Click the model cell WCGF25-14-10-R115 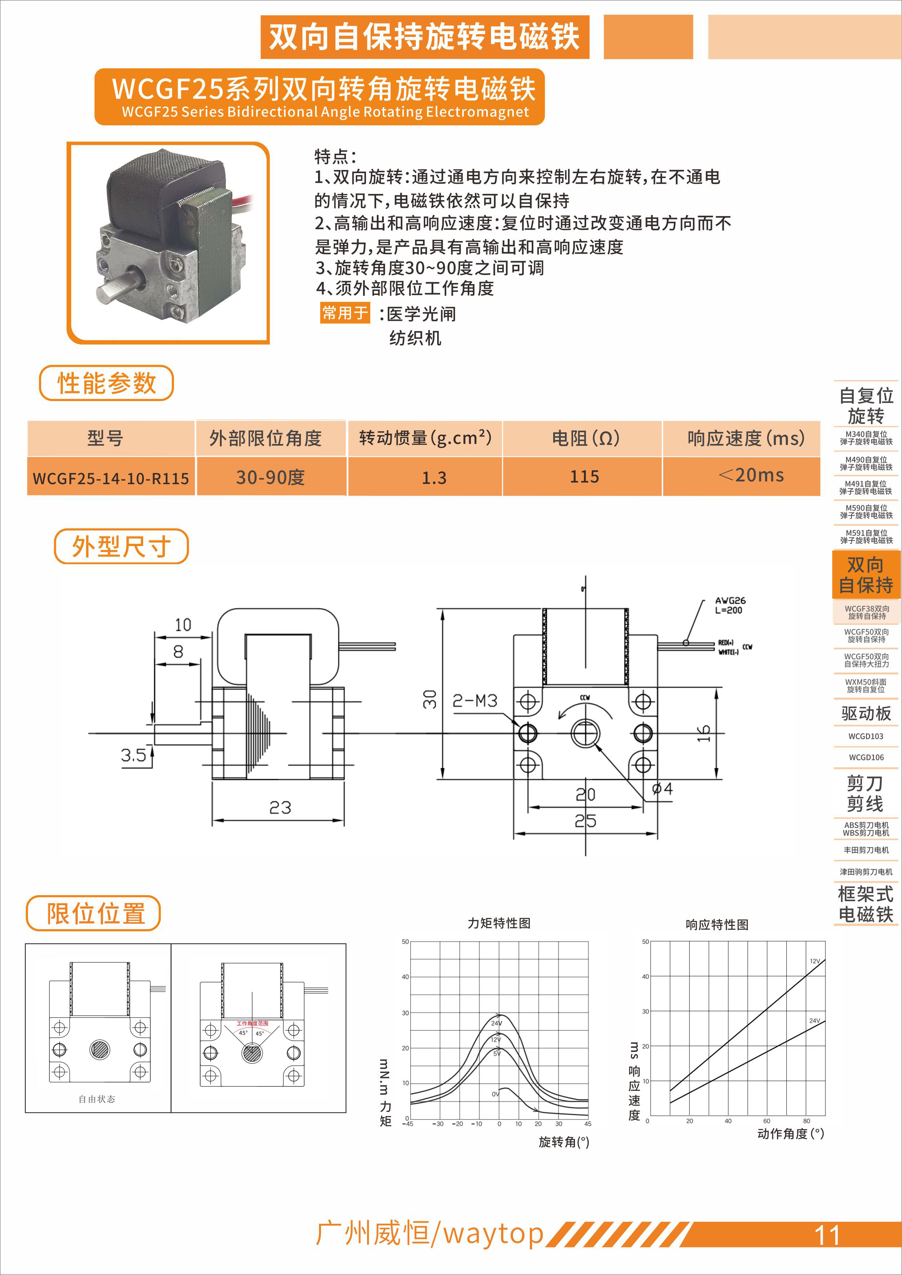pos(111,478)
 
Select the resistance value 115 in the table pos(584,477)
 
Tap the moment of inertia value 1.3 pos(434,478)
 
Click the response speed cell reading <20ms pos(751,475)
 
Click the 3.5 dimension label pos(133,755)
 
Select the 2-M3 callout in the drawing pos(475,701)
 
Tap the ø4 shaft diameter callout pos(662,789)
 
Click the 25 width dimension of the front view pos(585,821)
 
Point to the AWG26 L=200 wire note pos(730,605)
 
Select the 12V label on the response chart pos(814,961)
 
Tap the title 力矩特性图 pos(499,923)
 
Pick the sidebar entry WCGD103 pos(865,736)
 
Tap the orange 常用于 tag pos(345,313)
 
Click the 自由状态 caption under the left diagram pos(97,1099)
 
